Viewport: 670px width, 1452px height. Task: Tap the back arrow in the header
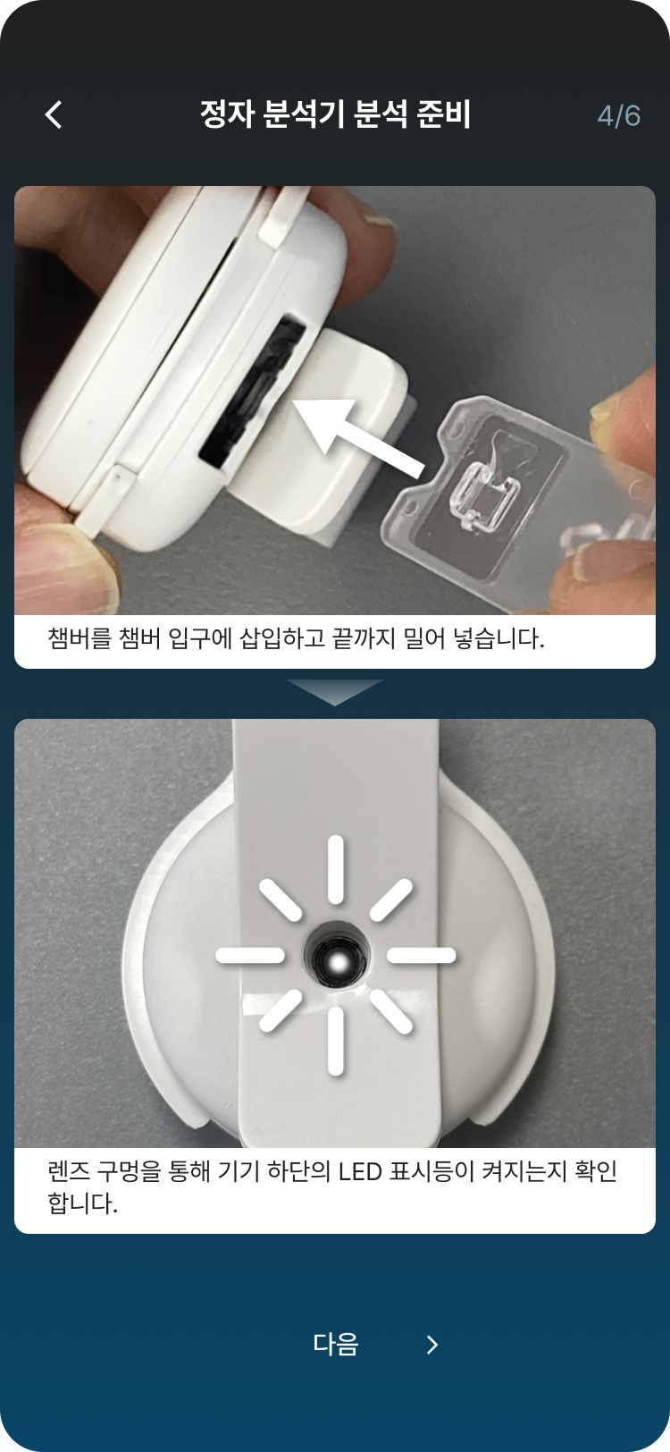pos(54,114)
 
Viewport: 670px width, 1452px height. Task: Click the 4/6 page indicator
pos(619,116)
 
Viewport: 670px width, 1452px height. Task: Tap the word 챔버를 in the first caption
pos(80,638)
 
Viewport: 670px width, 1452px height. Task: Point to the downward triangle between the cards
pos(335,689)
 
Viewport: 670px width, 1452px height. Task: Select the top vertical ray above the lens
pos(336,869)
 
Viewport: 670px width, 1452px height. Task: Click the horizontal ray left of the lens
pos(250,956)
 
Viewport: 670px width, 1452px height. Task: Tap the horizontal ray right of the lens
pos(421,956)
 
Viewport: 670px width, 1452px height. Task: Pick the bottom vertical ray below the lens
pos(336,1041)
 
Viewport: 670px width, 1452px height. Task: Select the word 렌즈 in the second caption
pos(68,1171)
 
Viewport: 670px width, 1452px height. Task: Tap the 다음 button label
pos(336,1345)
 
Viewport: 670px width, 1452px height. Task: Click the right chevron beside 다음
pos(432,1345)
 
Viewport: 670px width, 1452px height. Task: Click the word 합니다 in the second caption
pos(83,1203)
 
